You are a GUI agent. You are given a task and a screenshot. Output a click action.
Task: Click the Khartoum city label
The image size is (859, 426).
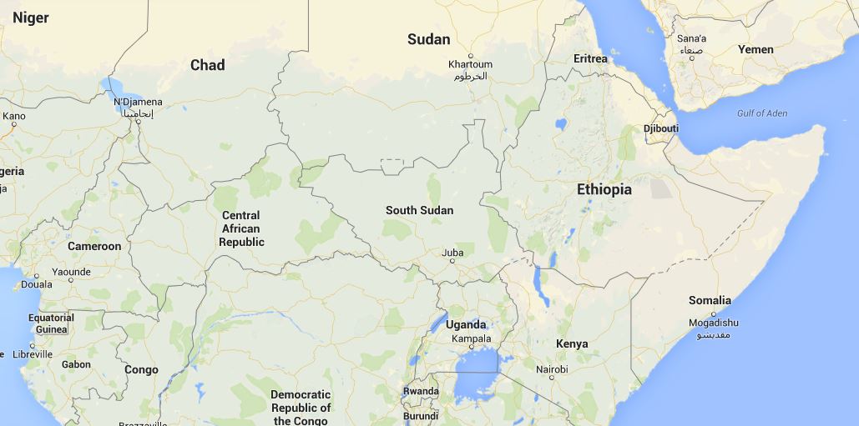tap(470, 64)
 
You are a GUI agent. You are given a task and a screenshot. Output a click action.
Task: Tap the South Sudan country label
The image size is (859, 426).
tap(419, 210)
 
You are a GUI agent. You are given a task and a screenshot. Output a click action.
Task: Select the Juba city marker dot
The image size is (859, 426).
tap(452, 261)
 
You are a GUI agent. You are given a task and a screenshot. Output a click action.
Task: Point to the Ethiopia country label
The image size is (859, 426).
tap(604, 190)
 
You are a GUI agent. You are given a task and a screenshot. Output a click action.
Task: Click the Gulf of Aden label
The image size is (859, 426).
tap(761, 113)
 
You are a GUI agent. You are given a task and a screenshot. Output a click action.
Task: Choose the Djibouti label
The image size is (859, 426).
tap(661, 128)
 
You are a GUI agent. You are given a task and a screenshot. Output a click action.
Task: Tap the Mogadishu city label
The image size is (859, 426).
tap(713, 323)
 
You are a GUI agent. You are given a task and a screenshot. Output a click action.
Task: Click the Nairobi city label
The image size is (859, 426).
tap(552, 369)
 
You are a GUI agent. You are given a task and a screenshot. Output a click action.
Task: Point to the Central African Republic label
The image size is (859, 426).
tap(241, 228)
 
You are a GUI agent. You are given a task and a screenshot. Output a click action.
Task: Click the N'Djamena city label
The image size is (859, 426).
tap(138, 103)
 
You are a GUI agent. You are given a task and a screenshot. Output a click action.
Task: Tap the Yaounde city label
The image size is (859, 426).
tap(71, 272)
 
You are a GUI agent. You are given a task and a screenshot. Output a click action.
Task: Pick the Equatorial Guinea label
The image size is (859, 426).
tap(51, 323)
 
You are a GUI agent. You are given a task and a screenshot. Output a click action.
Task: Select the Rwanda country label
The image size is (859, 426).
tap(421, 391)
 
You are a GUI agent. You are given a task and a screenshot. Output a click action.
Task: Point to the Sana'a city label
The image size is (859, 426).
tap(691, 38)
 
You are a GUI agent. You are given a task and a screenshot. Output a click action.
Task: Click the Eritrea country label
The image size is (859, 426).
tap(591, 58)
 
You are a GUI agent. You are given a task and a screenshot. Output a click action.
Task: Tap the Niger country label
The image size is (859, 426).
tap(30, 18)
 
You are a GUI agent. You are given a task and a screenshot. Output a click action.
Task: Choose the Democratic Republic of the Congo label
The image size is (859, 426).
tap(301, 408)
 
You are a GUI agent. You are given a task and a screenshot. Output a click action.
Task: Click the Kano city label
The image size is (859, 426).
tap(13, 116)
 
